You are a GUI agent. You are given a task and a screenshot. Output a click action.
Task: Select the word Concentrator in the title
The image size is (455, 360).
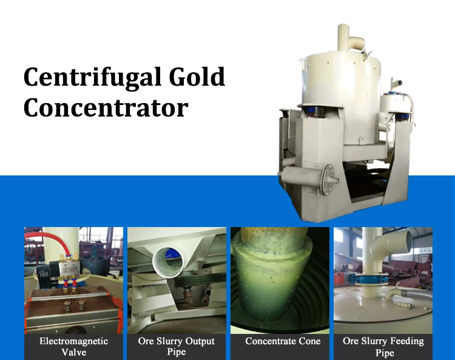[x=106, y=108]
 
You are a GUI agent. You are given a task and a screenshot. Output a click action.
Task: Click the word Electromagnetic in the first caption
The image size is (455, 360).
[x=73, y=341]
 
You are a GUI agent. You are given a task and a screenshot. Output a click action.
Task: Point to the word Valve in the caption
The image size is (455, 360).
[x=73, y=352]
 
